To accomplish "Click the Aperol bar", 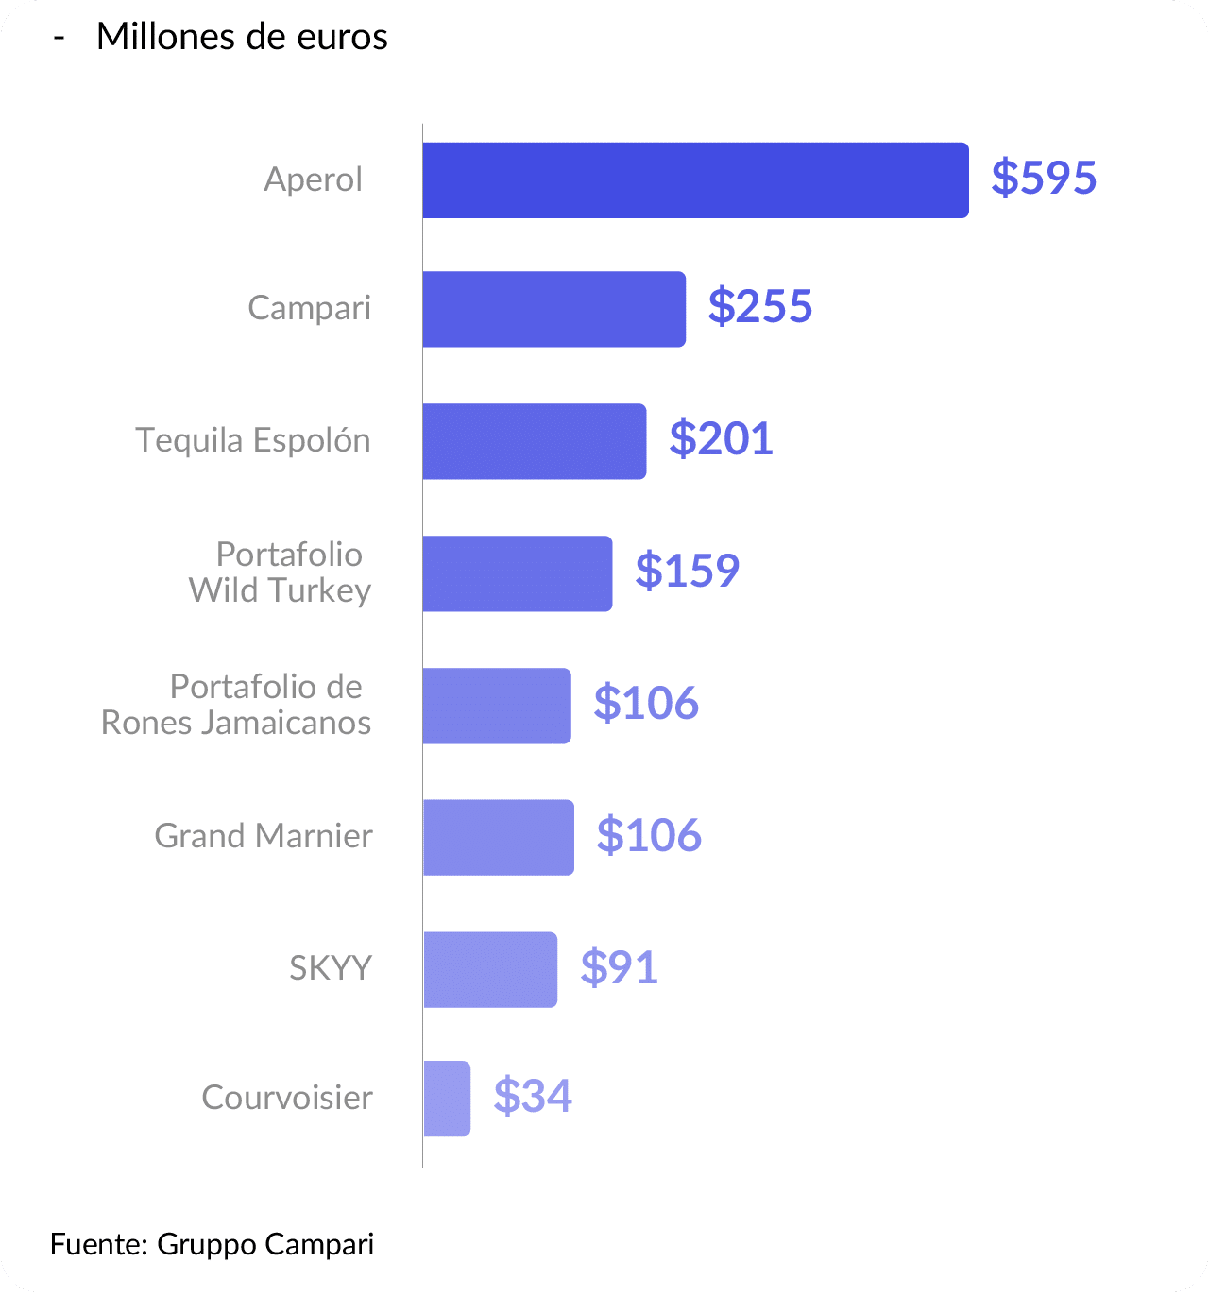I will [695, 180].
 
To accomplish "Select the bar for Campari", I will [553, 309].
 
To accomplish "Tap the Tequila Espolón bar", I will [535, 441].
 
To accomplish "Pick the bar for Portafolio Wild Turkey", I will [517, 573].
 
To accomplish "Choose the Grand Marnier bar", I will [498, 837].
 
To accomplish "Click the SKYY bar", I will [490, 969].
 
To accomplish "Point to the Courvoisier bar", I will [447, 1099].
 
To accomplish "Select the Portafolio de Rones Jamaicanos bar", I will [497, 706].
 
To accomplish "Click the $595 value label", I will [1044, 178].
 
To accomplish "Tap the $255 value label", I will [760, 307].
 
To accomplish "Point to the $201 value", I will [722, 439].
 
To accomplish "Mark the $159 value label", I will [688, 571].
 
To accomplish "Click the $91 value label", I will [620, 967].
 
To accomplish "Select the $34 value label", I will [533, 1096].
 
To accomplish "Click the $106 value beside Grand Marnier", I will [649, 835].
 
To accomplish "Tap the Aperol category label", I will [313, 179].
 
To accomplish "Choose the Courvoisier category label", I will [287, 1098].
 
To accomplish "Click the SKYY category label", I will [331, 968].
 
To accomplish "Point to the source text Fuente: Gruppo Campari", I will [213, 1244].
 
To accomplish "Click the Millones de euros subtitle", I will [242, 37].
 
